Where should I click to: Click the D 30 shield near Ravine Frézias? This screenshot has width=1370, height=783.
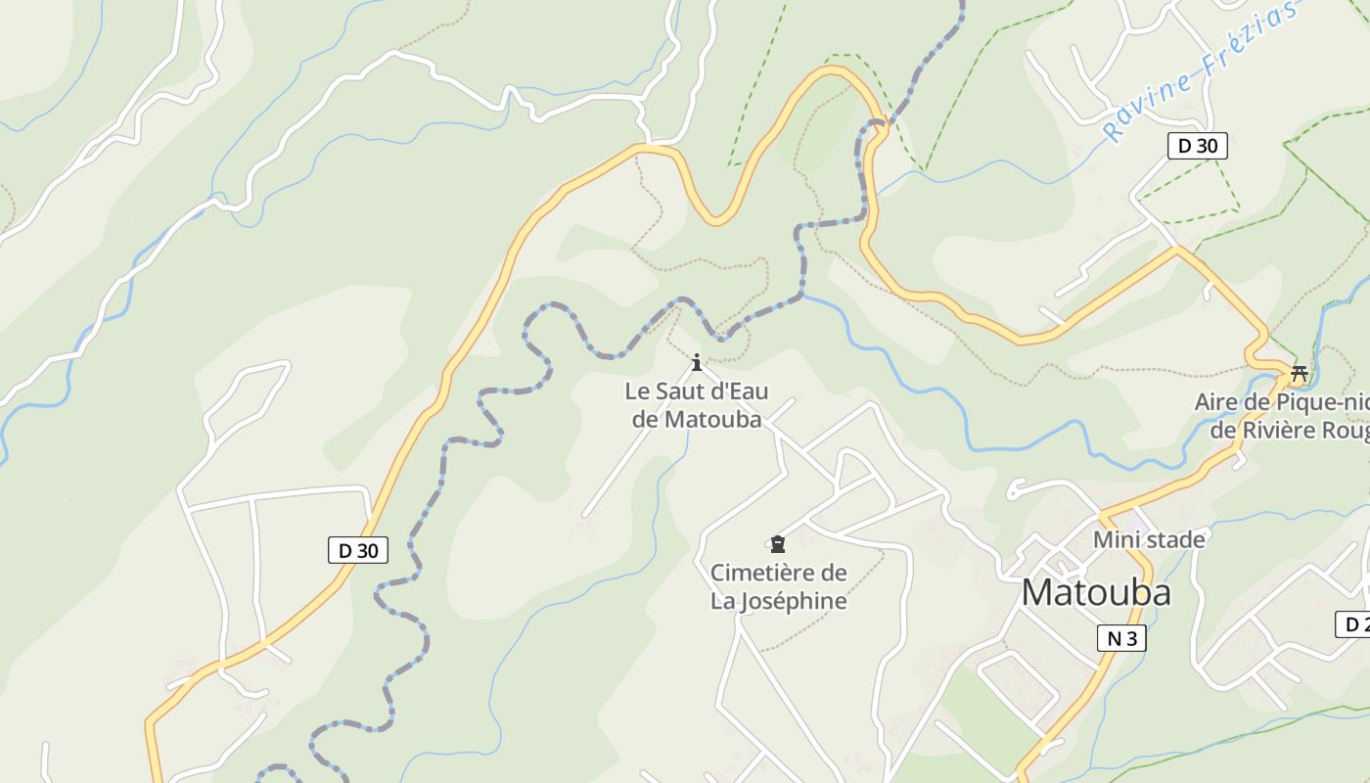1197,146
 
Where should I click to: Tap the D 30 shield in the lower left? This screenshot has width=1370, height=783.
357,550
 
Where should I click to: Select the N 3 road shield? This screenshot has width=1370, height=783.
1120,638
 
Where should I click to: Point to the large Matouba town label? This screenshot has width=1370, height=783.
1095,593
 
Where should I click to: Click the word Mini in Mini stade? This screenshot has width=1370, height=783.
1116,539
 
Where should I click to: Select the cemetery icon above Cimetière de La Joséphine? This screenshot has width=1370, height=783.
778,543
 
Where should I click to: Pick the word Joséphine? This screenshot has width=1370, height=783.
792,600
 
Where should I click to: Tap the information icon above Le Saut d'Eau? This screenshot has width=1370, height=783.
697,363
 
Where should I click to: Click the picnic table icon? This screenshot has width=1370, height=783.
1300,372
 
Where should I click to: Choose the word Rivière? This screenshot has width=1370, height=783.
1276,430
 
